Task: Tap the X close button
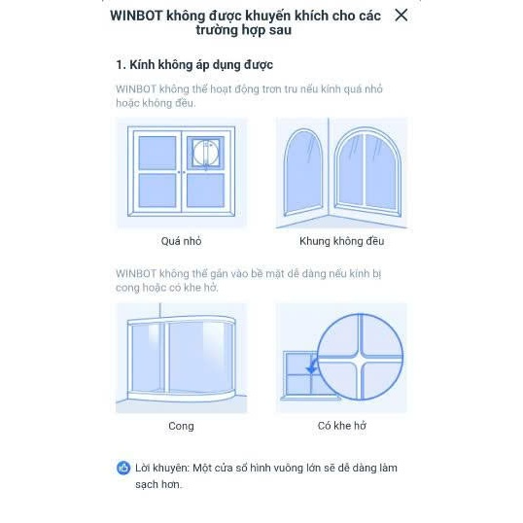(x=401, y=15)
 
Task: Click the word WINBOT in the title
(x=136, y=16)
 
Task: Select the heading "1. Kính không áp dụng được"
(x=194, y=65)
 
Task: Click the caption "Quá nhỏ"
(x=181, y=241)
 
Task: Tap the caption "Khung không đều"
(x=341, y=241)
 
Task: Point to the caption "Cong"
(x=181, y=426)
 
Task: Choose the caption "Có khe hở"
(x=341, y=426)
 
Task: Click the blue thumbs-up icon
(x=123, y=468)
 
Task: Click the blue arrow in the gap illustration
(x=311, y=366)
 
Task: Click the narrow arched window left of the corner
(x=303, y=173)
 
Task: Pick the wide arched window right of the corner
(x=367, y=172)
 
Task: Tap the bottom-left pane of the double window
(x=157, y=191)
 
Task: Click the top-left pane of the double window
(x=157, y=153)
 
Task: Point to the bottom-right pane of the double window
(x=205, y=191)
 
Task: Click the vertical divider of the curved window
(x=167, y=357)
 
